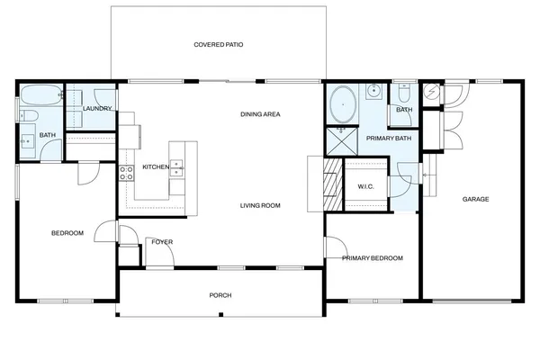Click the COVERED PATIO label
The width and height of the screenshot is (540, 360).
click(x=219, y=44)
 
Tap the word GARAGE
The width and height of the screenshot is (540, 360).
click(x=475, y=199)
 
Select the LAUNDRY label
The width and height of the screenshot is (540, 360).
click(x=96, y=109)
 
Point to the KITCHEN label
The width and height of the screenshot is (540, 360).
click(x=155, y=167)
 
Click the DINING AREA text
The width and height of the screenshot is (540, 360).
click(x=262, y=114)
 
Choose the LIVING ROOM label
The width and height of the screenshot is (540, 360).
click(x=260, y=205)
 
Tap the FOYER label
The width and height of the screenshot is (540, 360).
click(x=162, y=242)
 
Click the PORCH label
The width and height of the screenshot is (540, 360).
click(x=220, y=294)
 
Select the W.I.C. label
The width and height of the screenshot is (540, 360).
click(x=365, y=186)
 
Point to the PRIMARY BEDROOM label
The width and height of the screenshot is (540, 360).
click(x=373, y=258)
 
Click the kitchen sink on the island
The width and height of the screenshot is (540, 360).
click(x=177, y=166)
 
